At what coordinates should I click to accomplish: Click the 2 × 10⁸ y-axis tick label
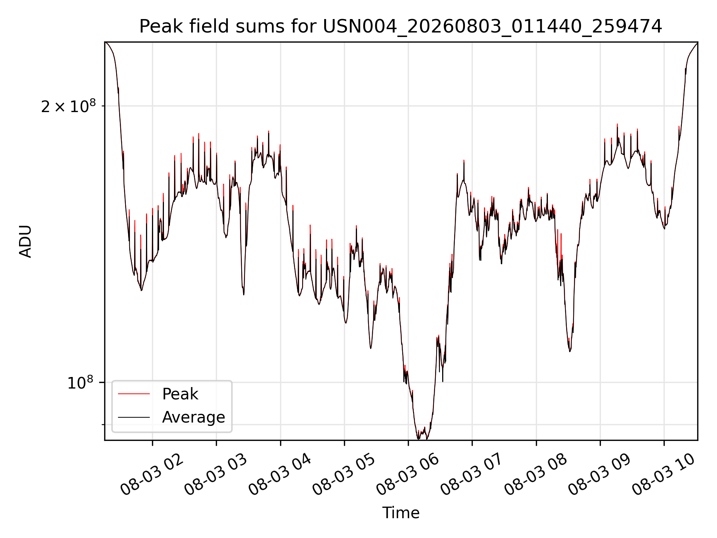point(68,106)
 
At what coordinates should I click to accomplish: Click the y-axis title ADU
point(25,241)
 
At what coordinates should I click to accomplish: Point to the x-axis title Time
point(401,513)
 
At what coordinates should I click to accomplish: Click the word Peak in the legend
point(180,394)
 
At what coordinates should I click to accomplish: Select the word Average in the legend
point(193,417)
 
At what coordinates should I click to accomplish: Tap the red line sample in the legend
point(134,394)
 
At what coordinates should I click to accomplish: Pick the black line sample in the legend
point(134,417)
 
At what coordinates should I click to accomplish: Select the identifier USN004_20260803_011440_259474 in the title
point(493,27)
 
